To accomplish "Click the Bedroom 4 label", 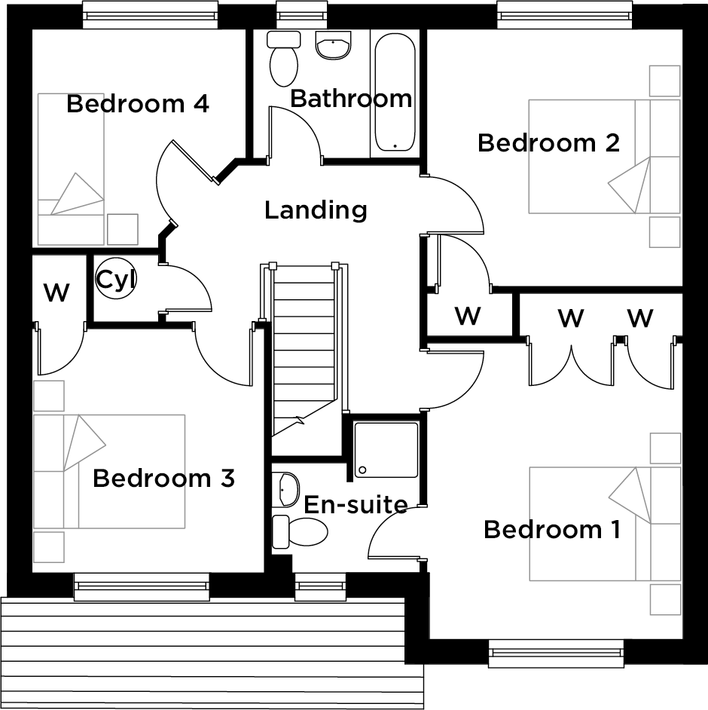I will (137, 103).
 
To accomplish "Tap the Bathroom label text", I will (351, 98).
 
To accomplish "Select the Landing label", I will (316, 210).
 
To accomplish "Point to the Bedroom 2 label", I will (548, 142).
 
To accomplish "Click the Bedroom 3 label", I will (163, 478).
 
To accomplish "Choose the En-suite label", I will (356, 504).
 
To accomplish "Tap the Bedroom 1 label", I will (552, 529).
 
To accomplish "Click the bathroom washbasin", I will (333, 47).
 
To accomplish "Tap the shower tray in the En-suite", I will (386, 450).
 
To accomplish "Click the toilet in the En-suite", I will (298, 532).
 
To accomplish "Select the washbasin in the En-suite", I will (287, 489).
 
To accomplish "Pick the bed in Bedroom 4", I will (71, 167).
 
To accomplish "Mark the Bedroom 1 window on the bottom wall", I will (556, 653).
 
